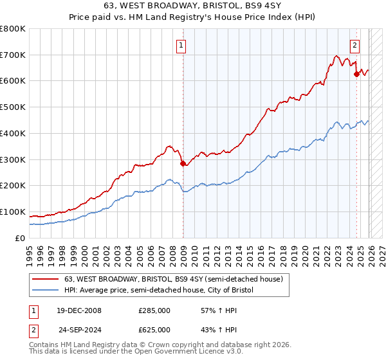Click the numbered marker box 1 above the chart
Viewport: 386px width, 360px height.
(x=182, y=46)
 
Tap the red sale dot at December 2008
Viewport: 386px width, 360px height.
(x=183, y=163)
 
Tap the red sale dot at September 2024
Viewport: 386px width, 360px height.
(x=356, y=74)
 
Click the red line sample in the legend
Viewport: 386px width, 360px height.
(x=46, y=280)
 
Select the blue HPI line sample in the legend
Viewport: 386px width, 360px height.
(x=46, y=291)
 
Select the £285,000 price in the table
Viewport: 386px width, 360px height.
(x=154, y=310)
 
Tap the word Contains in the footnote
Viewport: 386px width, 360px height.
(x=44, y=345)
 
